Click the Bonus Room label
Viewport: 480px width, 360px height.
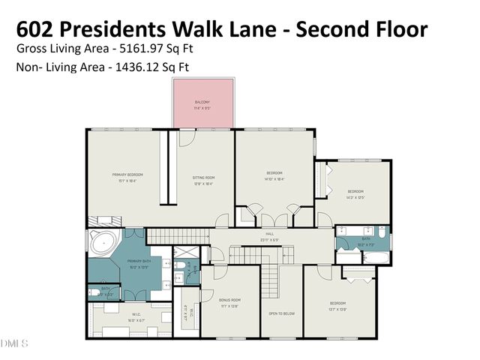[229, 302]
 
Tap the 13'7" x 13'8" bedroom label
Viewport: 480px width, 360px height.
[337, 306]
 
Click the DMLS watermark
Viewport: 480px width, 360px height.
[16, 344]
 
